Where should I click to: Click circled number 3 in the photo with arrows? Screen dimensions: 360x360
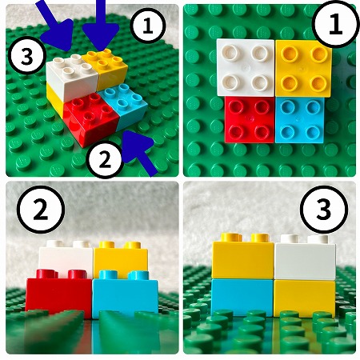tap(27, 57)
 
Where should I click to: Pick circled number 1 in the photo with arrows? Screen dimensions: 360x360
tap(148, 26)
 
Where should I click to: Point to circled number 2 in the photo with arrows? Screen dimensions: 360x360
tap(105, 160)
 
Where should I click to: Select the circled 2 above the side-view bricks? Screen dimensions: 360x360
tap(41, 210)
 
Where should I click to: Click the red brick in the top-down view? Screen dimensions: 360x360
tap(250, 120)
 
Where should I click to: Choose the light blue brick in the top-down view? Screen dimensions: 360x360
tap(300, 120)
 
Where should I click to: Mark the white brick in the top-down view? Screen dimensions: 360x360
tap(246, 67)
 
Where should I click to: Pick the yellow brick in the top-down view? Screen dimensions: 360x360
tap(303, 68)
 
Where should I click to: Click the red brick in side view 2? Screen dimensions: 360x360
tap(58, 292)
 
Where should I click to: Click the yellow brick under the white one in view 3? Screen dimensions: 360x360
tap(304, 298)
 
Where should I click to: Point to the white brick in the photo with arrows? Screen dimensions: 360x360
tap(72, 78)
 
